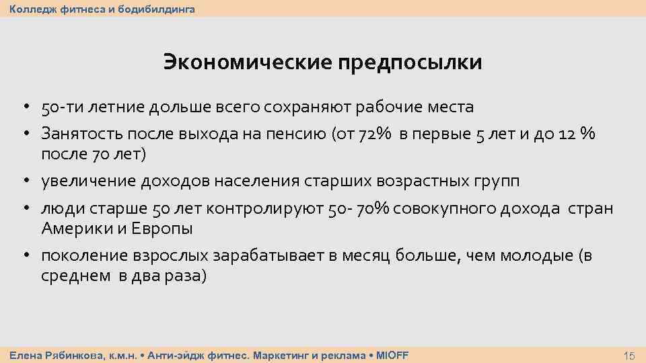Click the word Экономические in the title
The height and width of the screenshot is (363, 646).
(x=247, y=63)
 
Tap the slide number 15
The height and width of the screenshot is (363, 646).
(x=630, y=356)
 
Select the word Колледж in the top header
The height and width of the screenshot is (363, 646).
(x=30, y=9)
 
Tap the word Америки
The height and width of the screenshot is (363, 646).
(x=73, y=229)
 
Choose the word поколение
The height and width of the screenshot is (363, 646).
(x=85, y=256)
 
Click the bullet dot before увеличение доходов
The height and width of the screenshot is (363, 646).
(x=24, y=182)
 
